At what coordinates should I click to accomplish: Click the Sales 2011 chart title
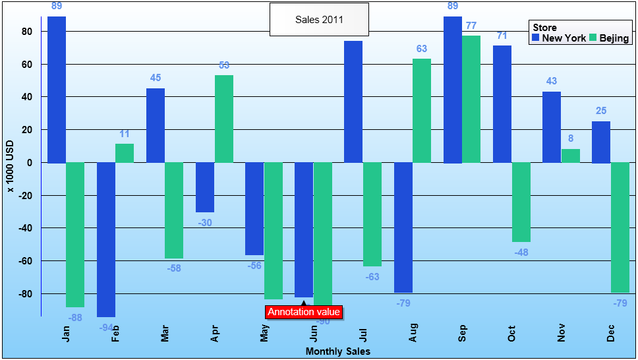[319, 19]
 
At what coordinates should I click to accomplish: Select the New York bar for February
[106, 239]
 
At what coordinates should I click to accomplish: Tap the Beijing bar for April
[224, 119]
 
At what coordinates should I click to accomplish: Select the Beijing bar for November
[571, 156]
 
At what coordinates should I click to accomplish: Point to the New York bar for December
[601, 142]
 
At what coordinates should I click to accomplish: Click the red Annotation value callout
[304, 312]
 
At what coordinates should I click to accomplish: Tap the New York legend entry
[559, 38]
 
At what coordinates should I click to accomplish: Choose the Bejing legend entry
[610, 38]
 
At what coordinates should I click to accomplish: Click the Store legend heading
[544, 28]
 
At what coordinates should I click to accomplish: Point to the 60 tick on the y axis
[28, 64]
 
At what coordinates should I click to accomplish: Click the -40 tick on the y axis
[25, 228]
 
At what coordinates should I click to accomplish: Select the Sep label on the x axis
[463, 335]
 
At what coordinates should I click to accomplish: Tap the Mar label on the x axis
[165, 335]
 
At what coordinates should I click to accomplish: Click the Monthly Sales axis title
[338, 351]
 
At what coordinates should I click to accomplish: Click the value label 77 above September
[471, 26]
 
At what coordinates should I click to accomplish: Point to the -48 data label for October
[521, 253]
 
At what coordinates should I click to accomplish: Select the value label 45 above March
[156, 78]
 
